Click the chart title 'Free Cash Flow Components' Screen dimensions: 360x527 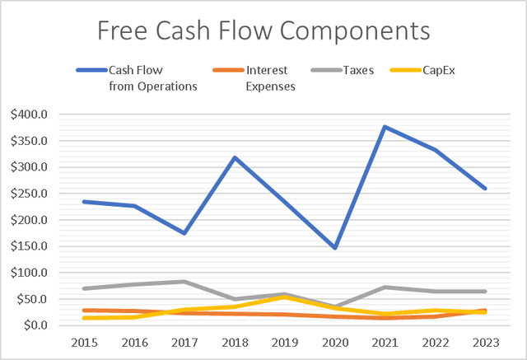(263, 31)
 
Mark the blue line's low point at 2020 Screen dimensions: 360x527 (335, 248)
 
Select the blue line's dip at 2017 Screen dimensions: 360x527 (184, 233)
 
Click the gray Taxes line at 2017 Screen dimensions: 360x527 (184, 282)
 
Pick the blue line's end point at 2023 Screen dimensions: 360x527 (486, 189)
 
